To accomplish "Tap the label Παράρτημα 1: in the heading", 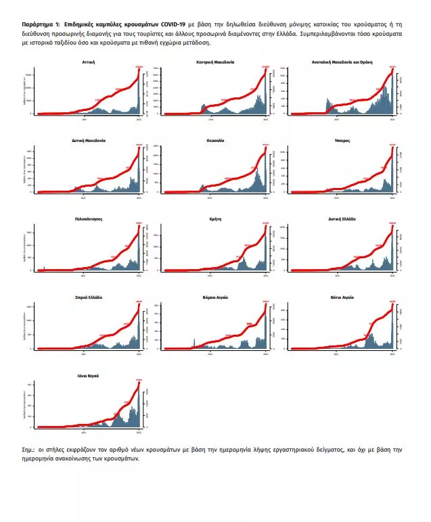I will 40,22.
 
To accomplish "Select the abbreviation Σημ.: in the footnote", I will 30,449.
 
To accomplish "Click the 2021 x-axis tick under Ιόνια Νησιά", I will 85,431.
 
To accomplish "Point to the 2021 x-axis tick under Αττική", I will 85,118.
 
